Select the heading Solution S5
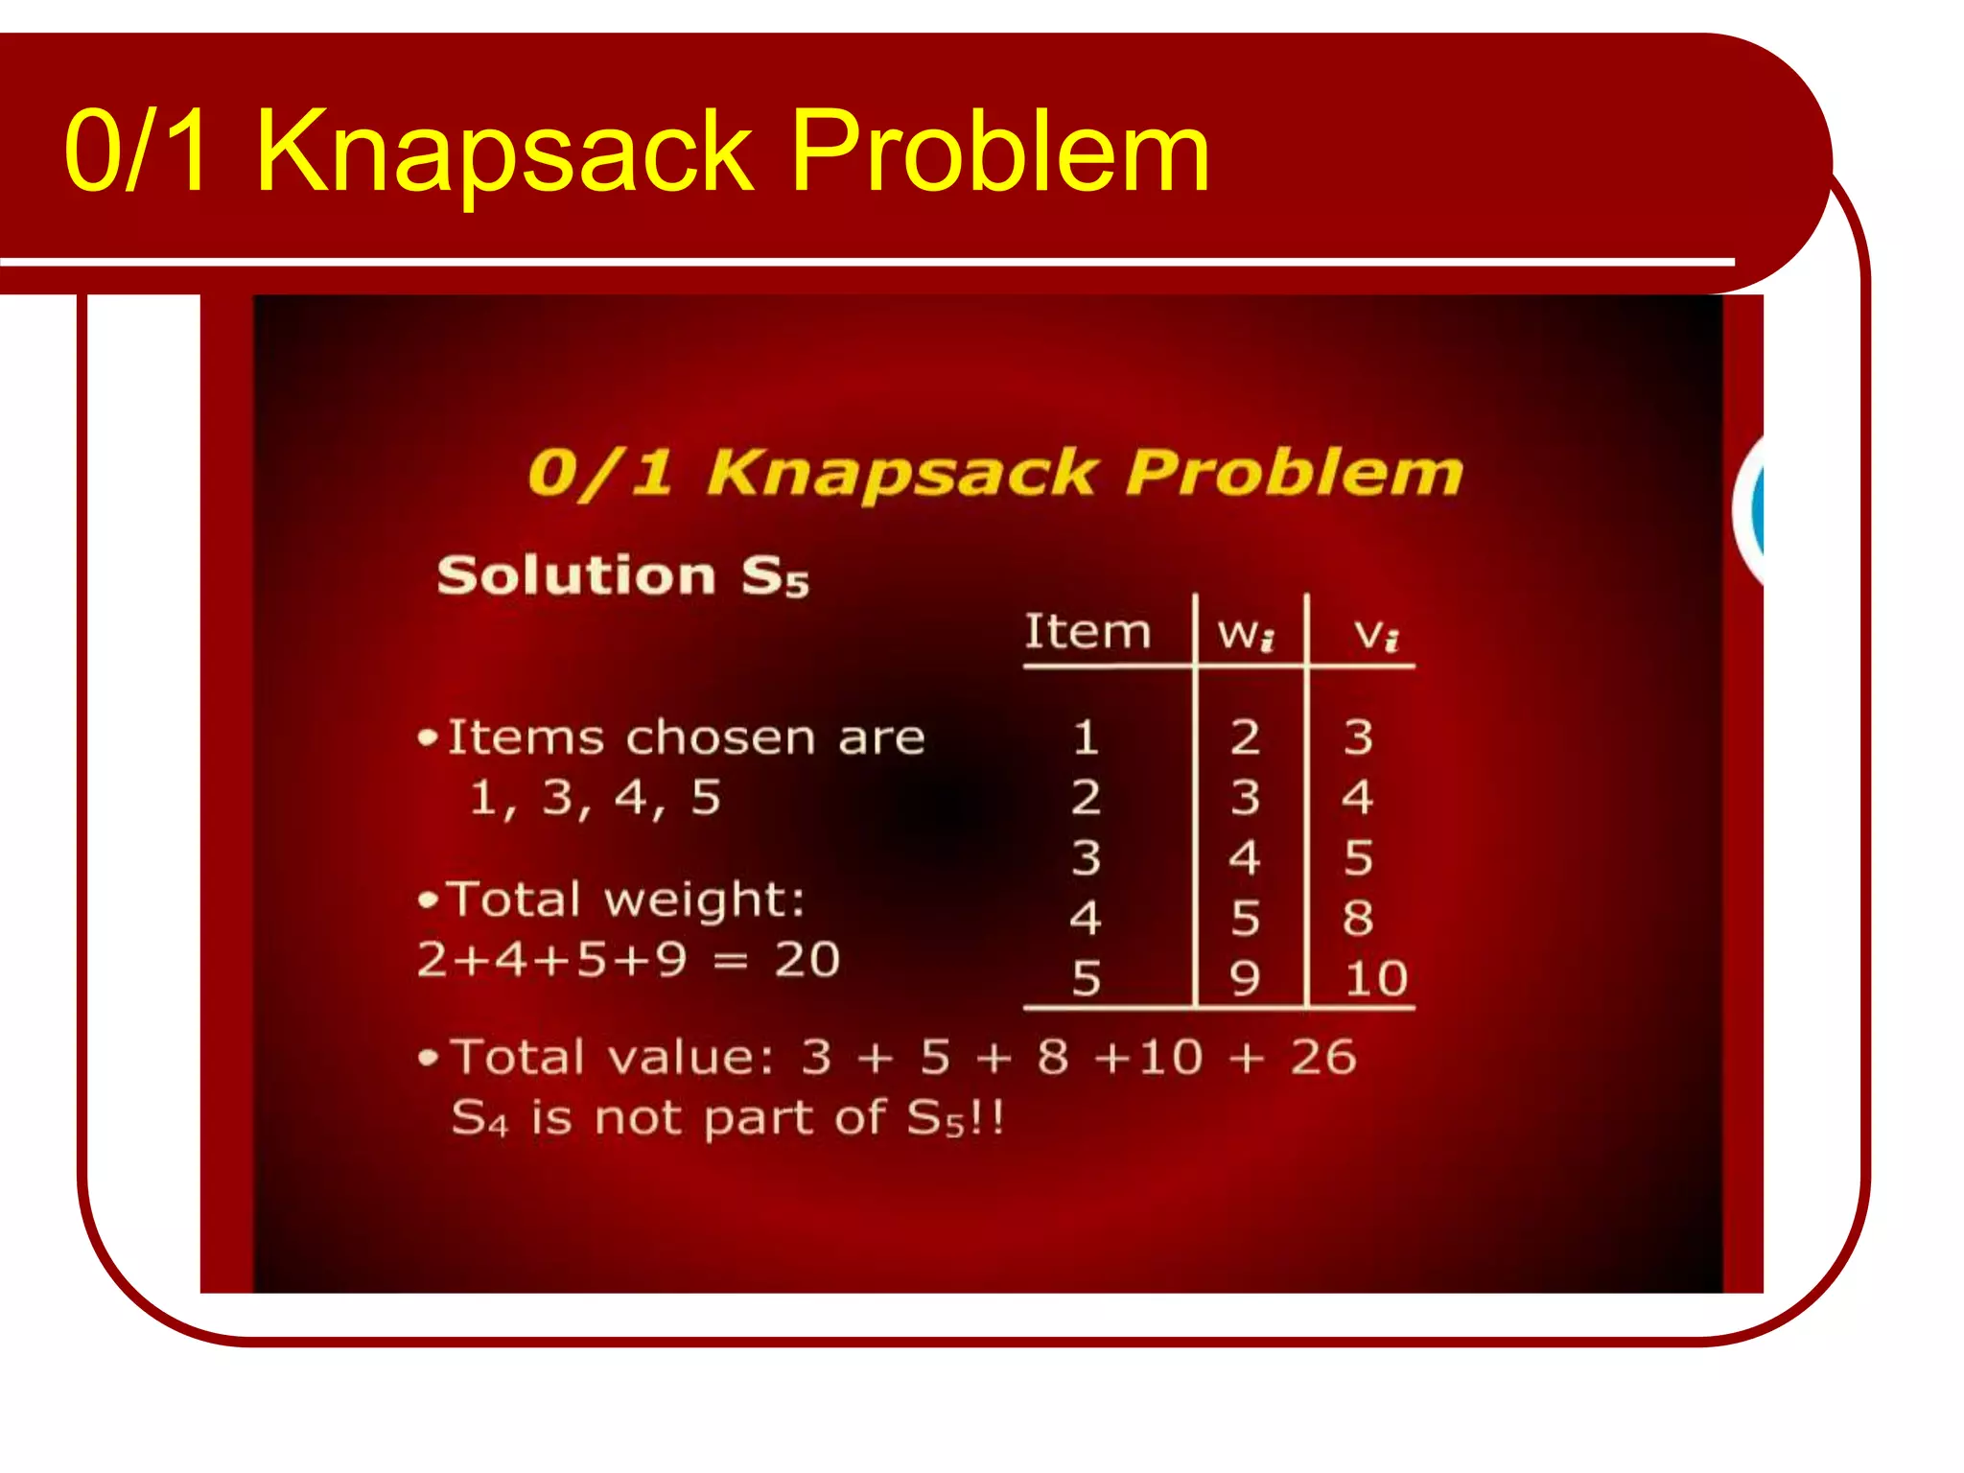click(621, 576)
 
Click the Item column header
click(1087, 632)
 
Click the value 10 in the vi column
click(1375, 979)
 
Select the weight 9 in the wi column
click(1245, 979)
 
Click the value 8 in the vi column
click(1357, 919)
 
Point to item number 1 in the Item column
click(1086, 738)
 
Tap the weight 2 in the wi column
click(1245, 738)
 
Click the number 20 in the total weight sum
click(807, 959)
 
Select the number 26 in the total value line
click(1322, 1058)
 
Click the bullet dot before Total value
click(429, 1059)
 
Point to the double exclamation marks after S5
click(988, 1118)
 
